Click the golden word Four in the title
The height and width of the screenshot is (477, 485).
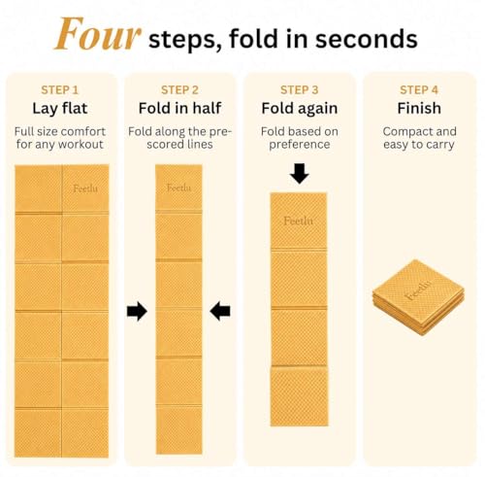(98, 34)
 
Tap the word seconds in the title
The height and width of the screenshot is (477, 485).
(366, 39)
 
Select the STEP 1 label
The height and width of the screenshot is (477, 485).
(60, 90)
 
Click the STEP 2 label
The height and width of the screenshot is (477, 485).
(179, 90)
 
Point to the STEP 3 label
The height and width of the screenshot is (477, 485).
(300, 90)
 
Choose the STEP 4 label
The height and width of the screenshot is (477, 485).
(419, 90)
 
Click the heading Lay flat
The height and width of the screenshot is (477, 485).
(60, 109)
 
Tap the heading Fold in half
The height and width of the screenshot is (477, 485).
(179, 108)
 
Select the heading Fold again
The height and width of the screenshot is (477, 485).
(300, 109)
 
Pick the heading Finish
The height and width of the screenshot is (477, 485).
(419, 108)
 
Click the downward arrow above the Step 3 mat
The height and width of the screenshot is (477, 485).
(300, 174)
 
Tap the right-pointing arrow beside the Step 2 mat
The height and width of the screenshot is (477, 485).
(137, 311)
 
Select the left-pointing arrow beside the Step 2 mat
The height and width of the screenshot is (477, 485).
(220, 311)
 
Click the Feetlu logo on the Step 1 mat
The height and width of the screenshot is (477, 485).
(85, 188)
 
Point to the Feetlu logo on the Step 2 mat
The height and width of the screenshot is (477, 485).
(178, 187)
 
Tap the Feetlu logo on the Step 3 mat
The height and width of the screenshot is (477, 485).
(298, 221)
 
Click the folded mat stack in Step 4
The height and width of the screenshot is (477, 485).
(418, 297)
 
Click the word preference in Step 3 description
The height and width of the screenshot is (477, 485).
(300, 145)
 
